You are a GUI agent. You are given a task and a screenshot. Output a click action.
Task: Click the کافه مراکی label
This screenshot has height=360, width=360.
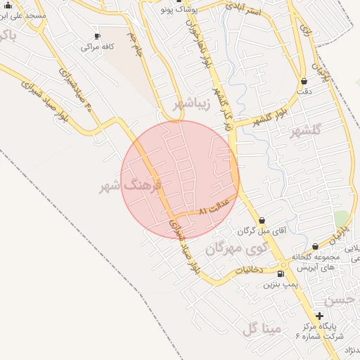pos(96,47)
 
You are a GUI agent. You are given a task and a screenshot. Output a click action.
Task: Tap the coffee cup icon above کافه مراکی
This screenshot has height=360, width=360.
pos(97,36)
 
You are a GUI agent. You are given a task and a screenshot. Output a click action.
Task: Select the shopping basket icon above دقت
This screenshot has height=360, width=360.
pos(304,81)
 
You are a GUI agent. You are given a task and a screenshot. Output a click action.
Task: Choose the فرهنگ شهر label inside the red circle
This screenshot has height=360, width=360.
pos(131,186)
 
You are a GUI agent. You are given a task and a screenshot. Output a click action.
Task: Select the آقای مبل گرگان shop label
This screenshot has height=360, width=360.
pos(263,231)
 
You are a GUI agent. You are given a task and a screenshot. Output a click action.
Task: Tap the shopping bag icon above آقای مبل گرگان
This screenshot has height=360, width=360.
pos(262,221)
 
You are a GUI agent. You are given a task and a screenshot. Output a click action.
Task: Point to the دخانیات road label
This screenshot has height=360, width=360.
pos(249,269)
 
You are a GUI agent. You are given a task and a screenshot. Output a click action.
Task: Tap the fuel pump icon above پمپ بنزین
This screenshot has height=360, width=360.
pos(281,274)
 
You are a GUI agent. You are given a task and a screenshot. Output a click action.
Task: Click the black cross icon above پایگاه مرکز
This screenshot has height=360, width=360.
pos(320,316)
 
